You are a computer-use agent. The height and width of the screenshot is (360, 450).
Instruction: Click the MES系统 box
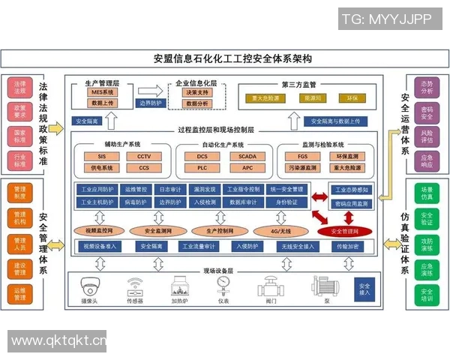(103, 92)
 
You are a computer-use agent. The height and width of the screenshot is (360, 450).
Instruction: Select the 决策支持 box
(196, 92)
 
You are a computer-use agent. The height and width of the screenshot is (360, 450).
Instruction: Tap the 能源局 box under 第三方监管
(313, 98)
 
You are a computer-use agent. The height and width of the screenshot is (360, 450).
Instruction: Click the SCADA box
(247, 156)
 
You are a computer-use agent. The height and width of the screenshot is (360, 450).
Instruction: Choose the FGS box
(302, 156)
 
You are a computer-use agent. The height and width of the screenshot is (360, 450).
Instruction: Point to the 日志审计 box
(171, 190)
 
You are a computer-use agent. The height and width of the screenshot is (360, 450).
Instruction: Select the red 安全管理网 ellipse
(344, 230)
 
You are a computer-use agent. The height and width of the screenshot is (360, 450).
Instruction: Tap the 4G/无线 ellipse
(277, 230)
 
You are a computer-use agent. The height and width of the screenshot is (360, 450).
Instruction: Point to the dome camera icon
(91, 286)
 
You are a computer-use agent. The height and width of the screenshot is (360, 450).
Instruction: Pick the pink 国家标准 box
(19, 135)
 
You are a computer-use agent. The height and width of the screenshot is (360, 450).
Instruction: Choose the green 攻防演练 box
(427, 243)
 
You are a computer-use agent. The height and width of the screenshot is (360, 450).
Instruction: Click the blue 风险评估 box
(427, 134)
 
